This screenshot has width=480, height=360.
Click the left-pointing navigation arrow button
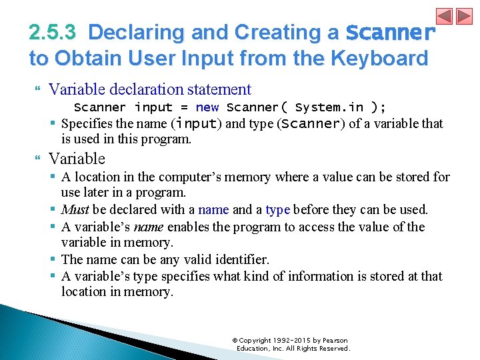click(445, 16)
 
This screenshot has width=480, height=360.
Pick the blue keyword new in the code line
click(207, 107)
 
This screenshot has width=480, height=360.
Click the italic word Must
click(75, 210)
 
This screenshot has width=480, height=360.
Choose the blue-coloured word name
click(213, 210)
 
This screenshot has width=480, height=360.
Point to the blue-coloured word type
click(277, 210)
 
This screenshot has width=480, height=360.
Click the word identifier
click(237, 259)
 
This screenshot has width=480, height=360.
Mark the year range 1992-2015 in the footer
click(291, 341)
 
